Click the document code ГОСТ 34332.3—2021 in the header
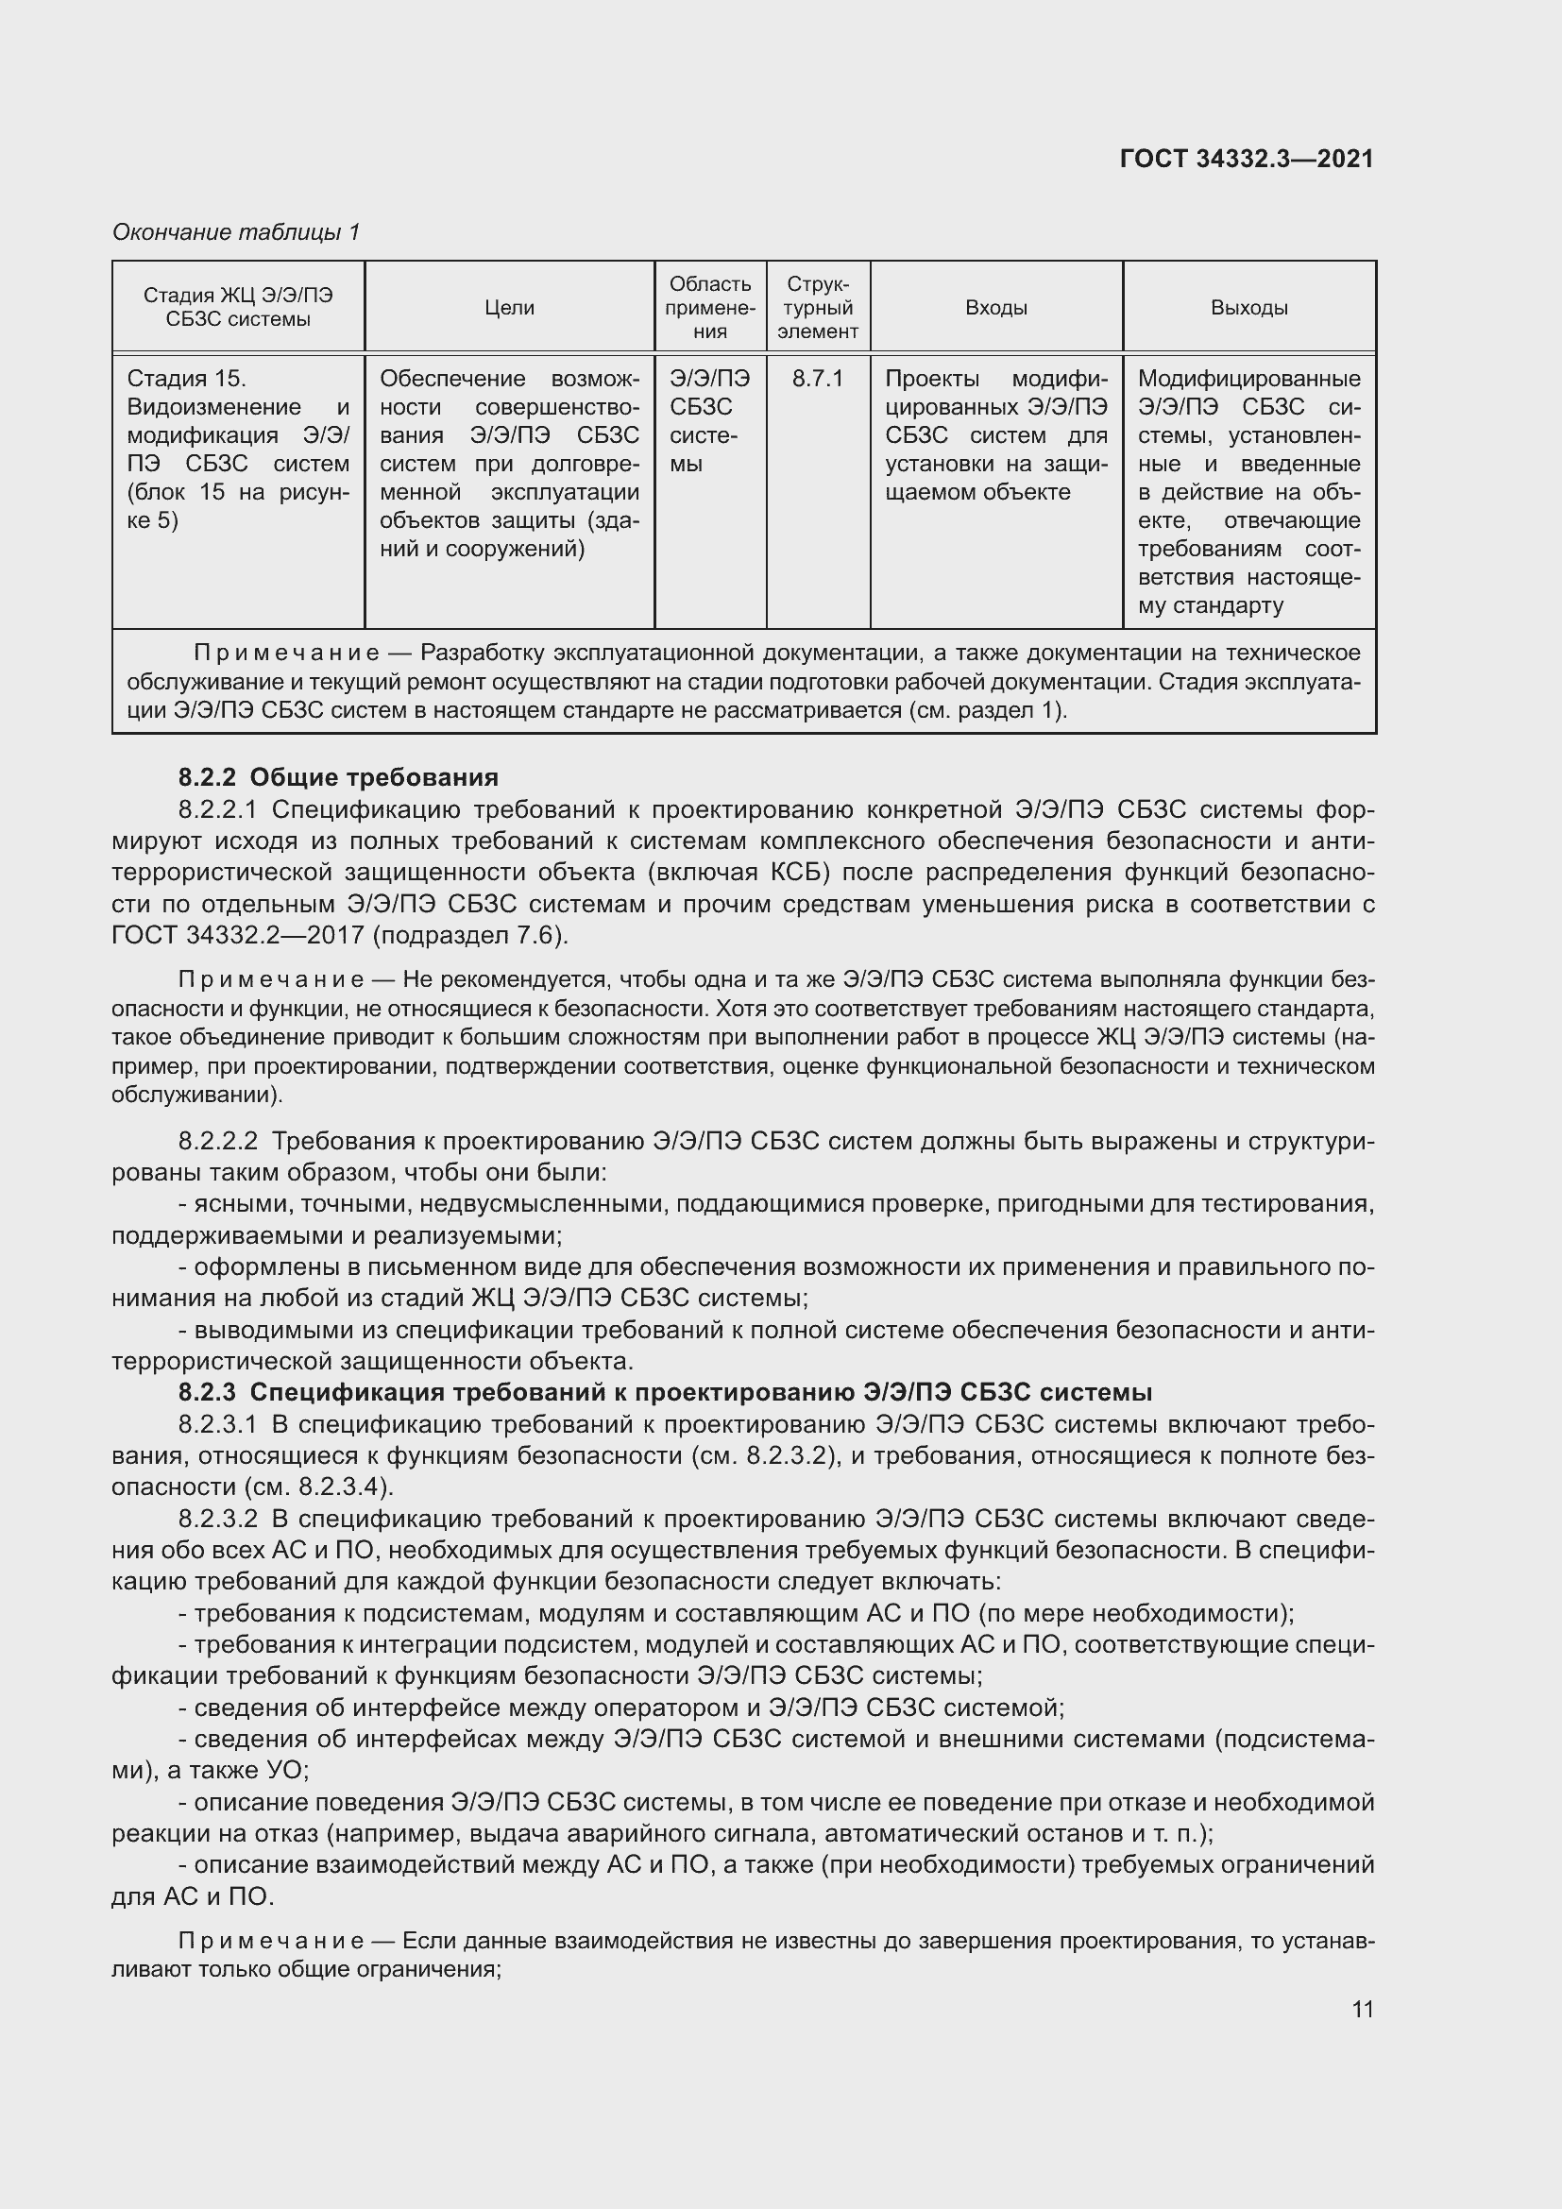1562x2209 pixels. coord(1247,159)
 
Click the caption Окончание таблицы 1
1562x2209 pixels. coord(236,232)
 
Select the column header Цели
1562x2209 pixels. coord(509,308)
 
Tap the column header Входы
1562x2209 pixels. coord(995,308)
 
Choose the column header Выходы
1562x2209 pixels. coord(1248,308)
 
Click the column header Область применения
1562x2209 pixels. coord(710,308)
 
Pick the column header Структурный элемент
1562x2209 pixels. coord(818,308)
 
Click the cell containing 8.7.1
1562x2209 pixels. coord(818,379)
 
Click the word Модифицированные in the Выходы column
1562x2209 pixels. coord(1248,379)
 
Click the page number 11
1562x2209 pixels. coord(1362,2009)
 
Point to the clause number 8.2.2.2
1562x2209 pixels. coord(217,1142)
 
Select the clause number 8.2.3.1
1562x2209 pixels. coord(217,1424)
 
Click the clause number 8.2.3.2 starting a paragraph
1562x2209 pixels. coord(217,1519)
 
